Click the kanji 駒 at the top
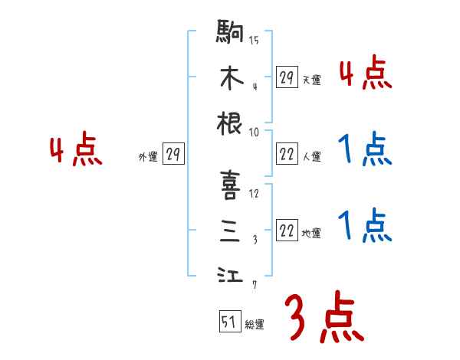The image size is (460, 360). pos(230,34)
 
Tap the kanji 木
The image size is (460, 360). pos(230,78)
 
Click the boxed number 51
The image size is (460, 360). pos(229,322)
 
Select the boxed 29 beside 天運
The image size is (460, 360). pos(287,77)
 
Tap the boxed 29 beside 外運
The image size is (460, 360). pos(173,155)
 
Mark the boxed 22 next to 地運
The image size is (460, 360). pos(287,231)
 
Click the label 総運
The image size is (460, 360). pos(255,325)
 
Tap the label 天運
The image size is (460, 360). pos(311,80)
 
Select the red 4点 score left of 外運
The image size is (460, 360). pos(76,151)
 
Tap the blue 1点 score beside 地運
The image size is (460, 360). pos(365,225)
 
